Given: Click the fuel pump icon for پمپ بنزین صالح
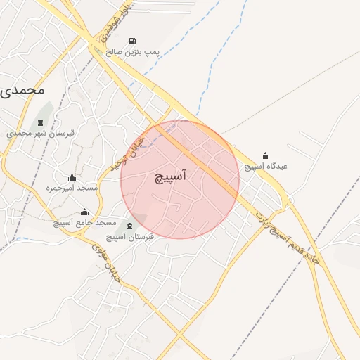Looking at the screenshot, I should [134, 41].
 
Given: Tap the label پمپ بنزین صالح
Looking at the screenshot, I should [134, 53].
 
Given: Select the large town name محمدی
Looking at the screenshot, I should [22, 90].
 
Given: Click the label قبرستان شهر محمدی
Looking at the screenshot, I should [45, 132].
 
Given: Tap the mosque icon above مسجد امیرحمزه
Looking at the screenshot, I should [71, 177].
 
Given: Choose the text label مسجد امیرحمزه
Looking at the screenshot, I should [71, 188].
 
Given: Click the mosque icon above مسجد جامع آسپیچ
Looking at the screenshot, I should [85, 212].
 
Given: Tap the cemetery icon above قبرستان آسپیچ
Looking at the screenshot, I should [129, 226].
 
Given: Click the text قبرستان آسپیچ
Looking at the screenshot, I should [129, 237].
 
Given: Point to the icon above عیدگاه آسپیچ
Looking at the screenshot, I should [265, 156].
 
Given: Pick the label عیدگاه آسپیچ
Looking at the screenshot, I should [266, 167].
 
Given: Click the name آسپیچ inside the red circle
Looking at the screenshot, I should [170, 178].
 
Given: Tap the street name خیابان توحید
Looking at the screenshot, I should [128, 155].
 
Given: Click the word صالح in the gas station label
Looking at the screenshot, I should [115, 53].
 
